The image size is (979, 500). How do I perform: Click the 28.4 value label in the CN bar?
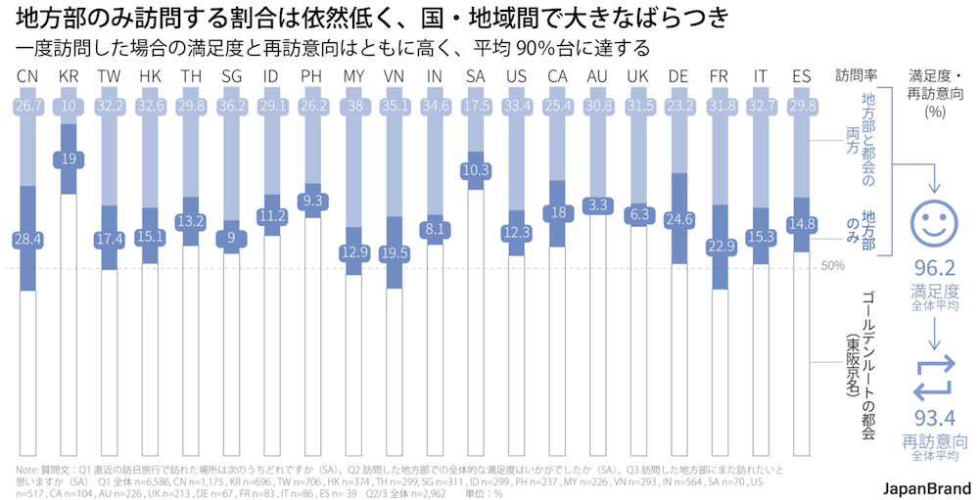[28, 239]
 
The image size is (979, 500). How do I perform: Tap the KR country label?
[69, 76]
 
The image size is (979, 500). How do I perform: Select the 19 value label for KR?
[69, 159]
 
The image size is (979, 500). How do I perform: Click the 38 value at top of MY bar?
[354, 106]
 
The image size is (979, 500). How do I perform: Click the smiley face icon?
[933, 222]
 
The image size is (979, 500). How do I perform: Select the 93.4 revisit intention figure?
[933, 418]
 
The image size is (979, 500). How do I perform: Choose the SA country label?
[476, 76]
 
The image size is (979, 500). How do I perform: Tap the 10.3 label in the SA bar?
[476, 170]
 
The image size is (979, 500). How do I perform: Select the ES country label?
[801, 76]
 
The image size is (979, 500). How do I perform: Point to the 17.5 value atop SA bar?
[476, 106]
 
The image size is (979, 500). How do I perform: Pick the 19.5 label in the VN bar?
[395, 252]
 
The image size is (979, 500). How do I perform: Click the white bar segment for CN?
[28, 372]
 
